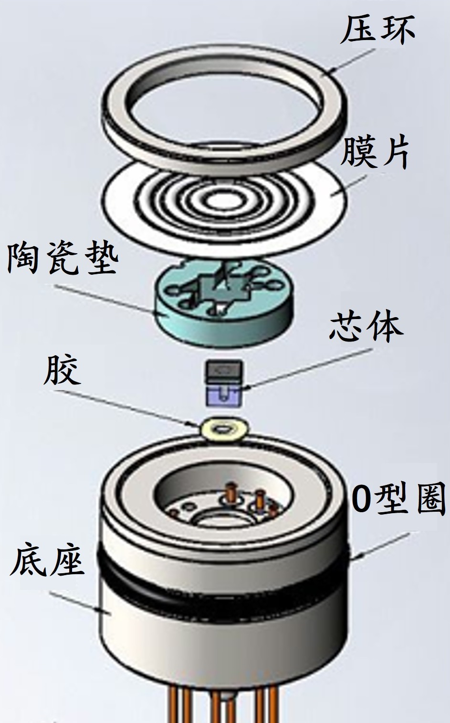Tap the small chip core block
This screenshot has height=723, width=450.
(x=224, y=383)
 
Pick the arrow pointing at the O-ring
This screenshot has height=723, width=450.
(x=382, y=544)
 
